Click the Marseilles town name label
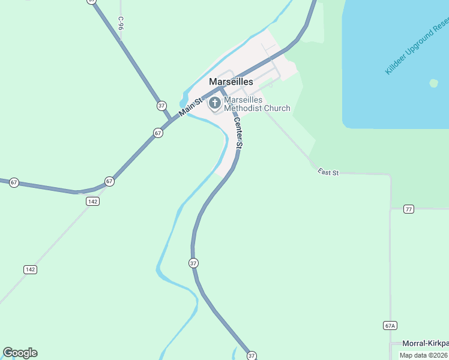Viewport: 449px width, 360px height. (231, 82)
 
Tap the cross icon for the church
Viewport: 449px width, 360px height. (215, 103)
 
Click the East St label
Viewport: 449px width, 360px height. (328, 173)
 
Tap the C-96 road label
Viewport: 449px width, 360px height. (121, 23)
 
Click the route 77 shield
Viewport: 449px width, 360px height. (409, 209)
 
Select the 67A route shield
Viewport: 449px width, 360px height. (390, 325)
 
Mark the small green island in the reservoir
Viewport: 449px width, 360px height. (433, 83)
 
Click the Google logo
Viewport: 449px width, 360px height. (20, 353)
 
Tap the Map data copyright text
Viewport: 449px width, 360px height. (424, 355)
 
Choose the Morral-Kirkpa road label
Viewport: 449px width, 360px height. (426, 343)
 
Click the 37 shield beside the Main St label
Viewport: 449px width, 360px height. (161, 106)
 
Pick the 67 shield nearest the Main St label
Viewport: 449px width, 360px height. (158, 133)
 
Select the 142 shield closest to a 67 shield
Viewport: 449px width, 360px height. (92, 201)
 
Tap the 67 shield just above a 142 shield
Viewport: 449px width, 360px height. (109, 181)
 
